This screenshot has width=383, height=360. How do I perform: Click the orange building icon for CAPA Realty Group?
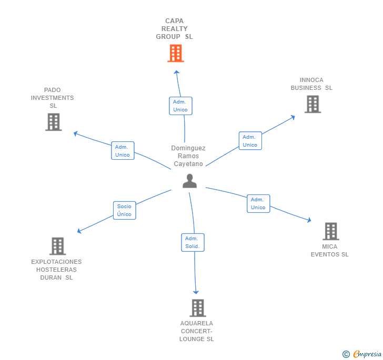pyautogui.click(x=176, y=53)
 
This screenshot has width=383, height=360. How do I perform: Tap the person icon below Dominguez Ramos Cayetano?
pyautogui.click(x=189, y=181)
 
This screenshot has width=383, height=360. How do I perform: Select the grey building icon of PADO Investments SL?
pyautogui.click(x=54, y=122)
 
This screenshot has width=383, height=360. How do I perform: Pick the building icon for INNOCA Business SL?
pyautogui.click(x=313, y=104)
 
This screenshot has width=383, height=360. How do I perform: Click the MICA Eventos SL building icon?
pyautogui.click(x=331, y=231)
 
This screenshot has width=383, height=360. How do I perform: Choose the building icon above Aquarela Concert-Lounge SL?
pyautogui.click(x=198, y=308)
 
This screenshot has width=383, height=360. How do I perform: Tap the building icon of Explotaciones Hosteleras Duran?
pyautogui.click(x=58, y=246)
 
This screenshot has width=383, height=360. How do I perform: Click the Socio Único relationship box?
pyautogui.click(x=124, y=210)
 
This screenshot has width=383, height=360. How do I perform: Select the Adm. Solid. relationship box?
pyautogui.click(x=193, y=242)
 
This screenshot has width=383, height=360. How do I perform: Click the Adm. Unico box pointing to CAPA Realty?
pyautogui.click(x=180, y=106)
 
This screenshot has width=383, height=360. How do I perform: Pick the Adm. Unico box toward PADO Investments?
pyautogui.click(x=123, y=151)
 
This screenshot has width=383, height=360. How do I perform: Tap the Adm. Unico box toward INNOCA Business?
pyautogui.click(x=250, y=140)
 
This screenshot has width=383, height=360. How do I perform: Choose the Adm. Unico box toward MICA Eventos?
pyautogui.click(x=258, y=203)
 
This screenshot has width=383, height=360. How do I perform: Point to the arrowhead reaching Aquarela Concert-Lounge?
pyautogui.click(x=196, y=292)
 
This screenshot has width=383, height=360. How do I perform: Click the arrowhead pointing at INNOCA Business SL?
pyautogui.click(x=293, y=117)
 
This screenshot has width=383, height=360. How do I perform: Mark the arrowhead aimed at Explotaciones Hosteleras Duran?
pyautogui.click(x=79, y=231)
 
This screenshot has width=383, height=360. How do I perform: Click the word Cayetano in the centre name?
pyautogui.click(x=188, y=164)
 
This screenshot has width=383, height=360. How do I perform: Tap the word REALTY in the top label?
pyautogui.click(x=175, y=29)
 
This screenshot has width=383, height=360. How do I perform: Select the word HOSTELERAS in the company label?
pyautogui.click(x=56, y=270)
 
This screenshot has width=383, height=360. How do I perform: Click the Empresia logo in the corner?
pyautogui.click(x=362, y=354)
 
